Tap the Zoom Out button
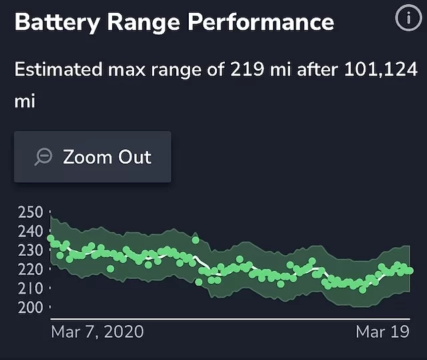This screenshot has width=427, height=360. (x=93, y=157)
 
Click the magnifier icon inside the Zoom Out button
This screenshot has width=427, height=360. (x=44, y=157)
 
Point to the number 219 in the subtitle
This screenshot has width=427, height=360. (x=249, y=69)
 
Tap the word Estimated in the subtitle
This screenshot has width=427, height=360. (x=57, y=69)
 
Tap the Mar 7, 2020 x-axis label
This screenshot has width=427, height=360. (x=97, y=331)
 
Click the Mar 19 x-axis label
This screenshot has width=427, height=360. (x=382, y=331)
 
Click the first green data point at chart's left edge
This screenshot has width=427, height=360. (x=51, y=238)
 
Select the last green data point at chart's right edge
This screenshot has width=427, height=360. (x=409, y=271)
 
